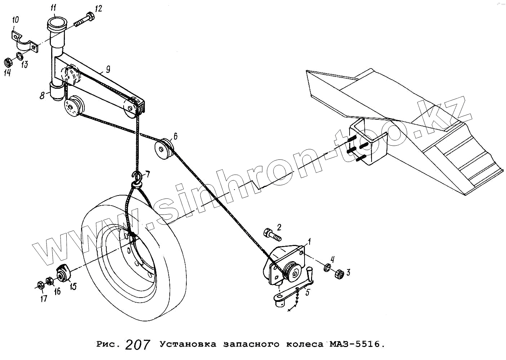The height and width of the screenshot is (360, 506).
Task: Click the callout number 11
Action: tap(53, 8)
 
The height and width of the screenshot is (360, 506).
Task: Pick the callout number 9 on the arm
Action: tap(108, 70)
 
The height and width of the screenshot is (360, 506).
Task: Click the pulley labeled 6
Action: tap(164, 148)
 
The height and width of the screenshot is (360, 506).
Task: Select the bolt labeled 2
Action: tap(272, 234)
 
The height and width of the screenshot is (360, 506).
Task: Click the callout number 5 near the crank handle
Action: tap(307, 292)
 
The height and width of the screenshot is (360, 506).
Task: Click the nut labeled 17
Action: tap(40, 285)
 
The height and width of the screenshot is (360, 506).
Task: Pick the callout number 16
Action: tap(57, 291)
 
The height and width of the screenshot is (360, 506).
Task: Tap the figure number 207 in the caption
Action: tap(137, 345)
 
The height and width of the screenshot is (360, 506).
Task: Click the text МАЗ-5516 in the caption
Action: tap(355, 344)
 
